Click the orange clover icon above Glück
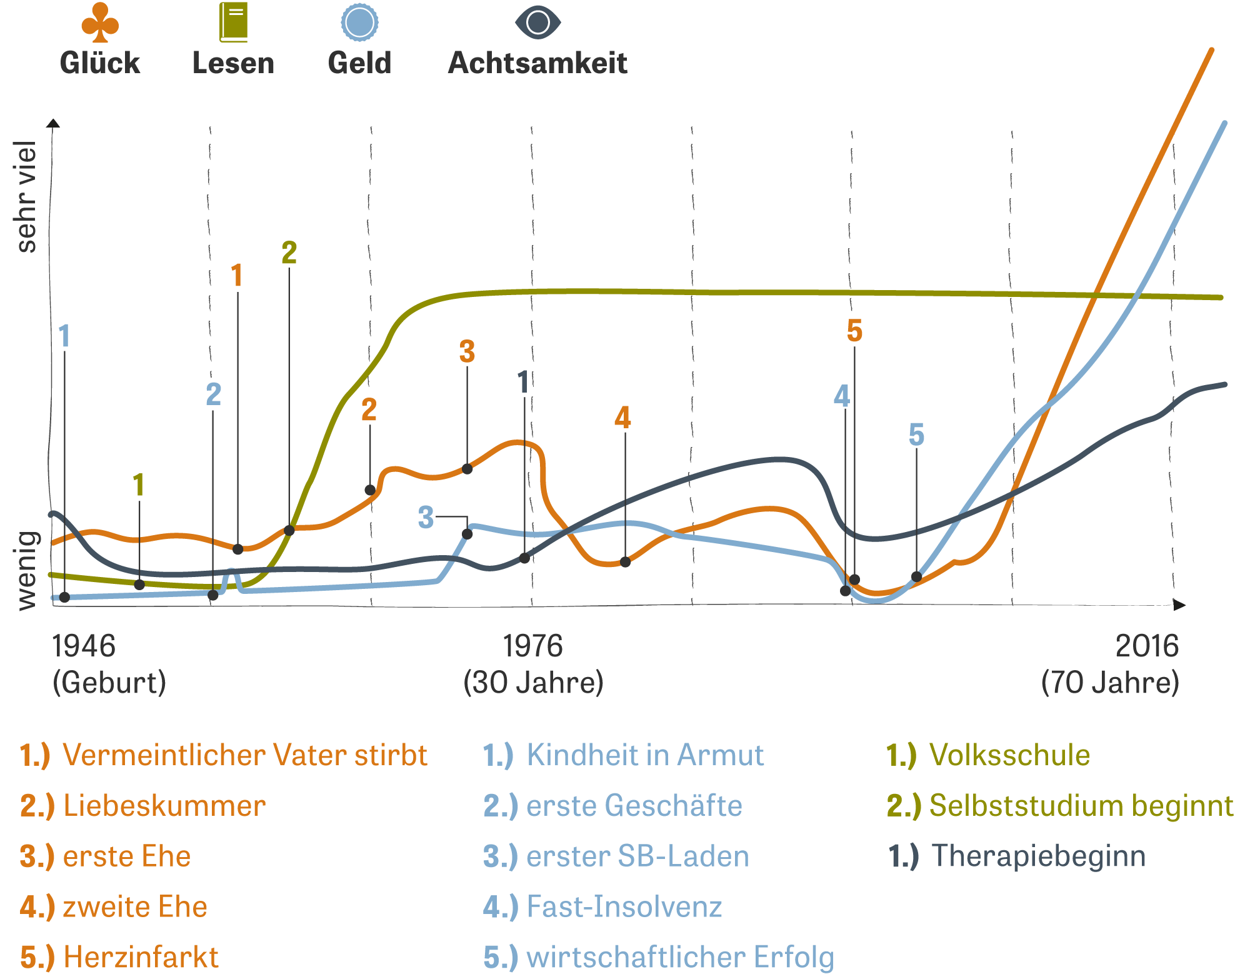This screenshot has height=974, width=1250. (x=100, y=23)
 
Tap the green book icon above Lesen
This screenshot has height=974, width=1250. (x=233, y=23)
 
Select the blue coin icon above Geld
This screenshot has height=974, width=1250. (x=359, y=23)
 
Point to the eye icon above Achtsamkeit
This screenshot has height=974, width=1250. (x=537, y=23)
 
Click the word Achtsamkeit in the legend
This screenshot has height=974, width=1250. (x=537, y=63)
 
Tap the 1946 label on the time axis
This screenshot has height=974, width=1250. (x=83, y=646)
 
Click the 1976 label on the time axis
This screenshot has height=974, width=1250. (x=532, y=646)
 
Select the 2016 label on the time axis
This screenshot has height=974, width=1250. (x=1146, y=646)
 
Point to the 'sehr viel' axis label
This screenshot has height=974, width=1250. (x=26, y=197)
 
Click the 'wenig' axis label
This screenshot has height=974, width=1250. (x=26, y=570)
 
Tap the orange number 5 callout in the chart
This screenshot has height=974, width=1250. (x=854, y=331)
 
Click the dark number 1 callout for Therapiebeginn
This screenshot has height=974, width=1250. (x=524, y=382)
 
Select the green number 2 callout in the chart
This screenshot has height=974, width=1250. (x=289, y=253)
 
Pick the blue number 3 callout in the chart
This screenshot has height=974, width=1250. (x=426, y=518)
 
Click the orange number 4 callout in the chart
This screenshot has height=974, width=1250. (x=622, y=417)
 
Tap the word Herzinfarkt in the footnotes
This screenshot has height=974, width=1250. (x=141, y=957)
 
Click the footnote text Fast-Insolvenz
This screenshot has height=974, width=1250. (x=624, y=906)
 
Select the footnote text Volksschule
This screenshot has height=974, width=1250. (x=1009, y=755)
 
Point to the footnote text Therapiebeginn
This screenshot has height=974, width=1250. (x=1038, y=856)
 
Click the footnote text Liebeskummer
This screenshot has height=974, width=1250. (x=164, y=805)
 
